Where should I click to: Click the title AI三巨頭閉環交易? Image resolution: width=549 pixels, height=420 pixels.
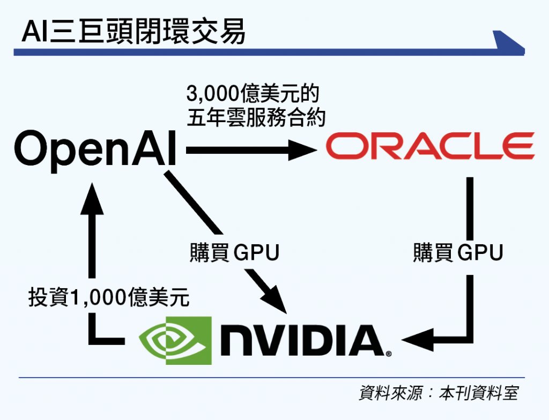coord(133,33)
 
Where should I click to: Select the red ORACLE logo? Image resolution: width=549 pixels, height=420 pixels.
coord(430,147)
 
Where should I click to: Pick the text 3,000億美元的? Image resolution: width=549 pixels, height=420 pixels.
coord(252,95)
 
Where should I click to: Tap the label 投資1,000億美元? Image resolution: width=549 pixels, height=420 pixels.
coord(109,298)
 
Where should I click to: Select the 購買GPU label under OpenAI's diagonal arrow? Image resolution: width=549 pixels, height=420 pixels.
coord(234,252)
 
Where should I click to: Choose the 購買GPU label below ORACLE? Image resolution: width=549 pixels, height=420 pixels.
coord(458,252)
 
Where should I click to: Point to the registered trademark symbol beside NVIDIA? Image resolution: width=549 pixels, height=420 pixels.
coord(388,354)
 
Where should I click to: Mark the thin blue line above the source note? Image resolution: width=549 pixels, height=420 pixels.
coord(268,378)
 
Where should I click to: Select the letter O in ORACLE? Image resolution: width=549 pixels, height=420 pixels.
coord(344,147)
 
